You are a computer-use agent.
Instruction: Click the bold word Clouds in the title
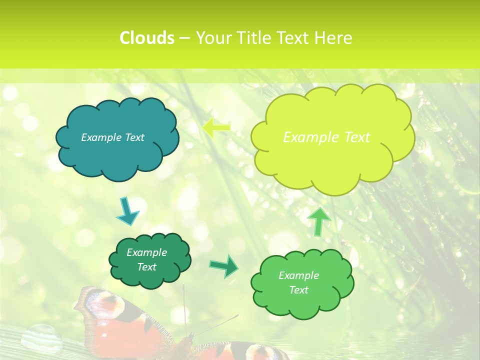[x=147, y=38]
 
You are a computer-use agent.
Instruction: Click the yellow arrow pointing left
[x=216, y=127]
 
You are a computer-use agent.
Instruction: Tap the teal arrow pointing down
[x=127, y=211]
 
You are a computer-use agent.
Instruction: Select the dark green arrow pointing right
[x=223, y=265]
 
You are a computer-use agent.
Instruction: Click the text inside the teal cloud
[x=112, y=137]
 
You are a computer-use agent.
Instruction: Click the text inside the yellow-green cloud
[x=326, y=137]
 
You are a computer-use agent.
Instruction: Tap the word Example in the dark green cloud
[x=146, y=252]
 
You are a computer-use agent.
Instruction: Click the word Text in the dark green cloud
[x=146, y=267]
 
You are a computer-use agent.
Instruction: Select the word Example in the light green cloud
[x=298, y=275]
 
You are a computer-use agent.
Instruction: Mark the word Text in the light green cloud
[x=298, y=290]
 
